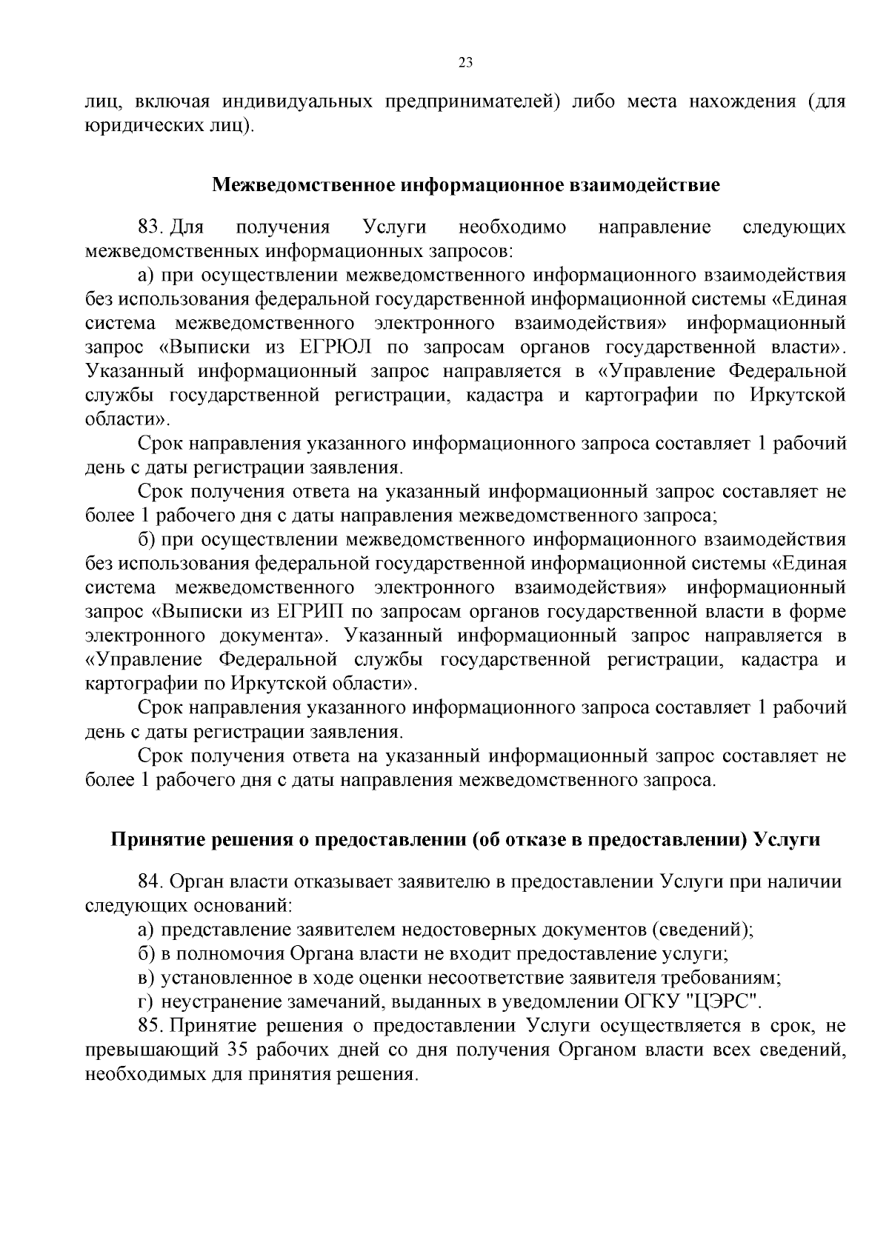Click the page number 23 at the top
point(466,62)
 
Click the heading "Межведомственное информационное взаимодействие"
point(466,184)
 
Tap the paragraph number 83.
point(149,227)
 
